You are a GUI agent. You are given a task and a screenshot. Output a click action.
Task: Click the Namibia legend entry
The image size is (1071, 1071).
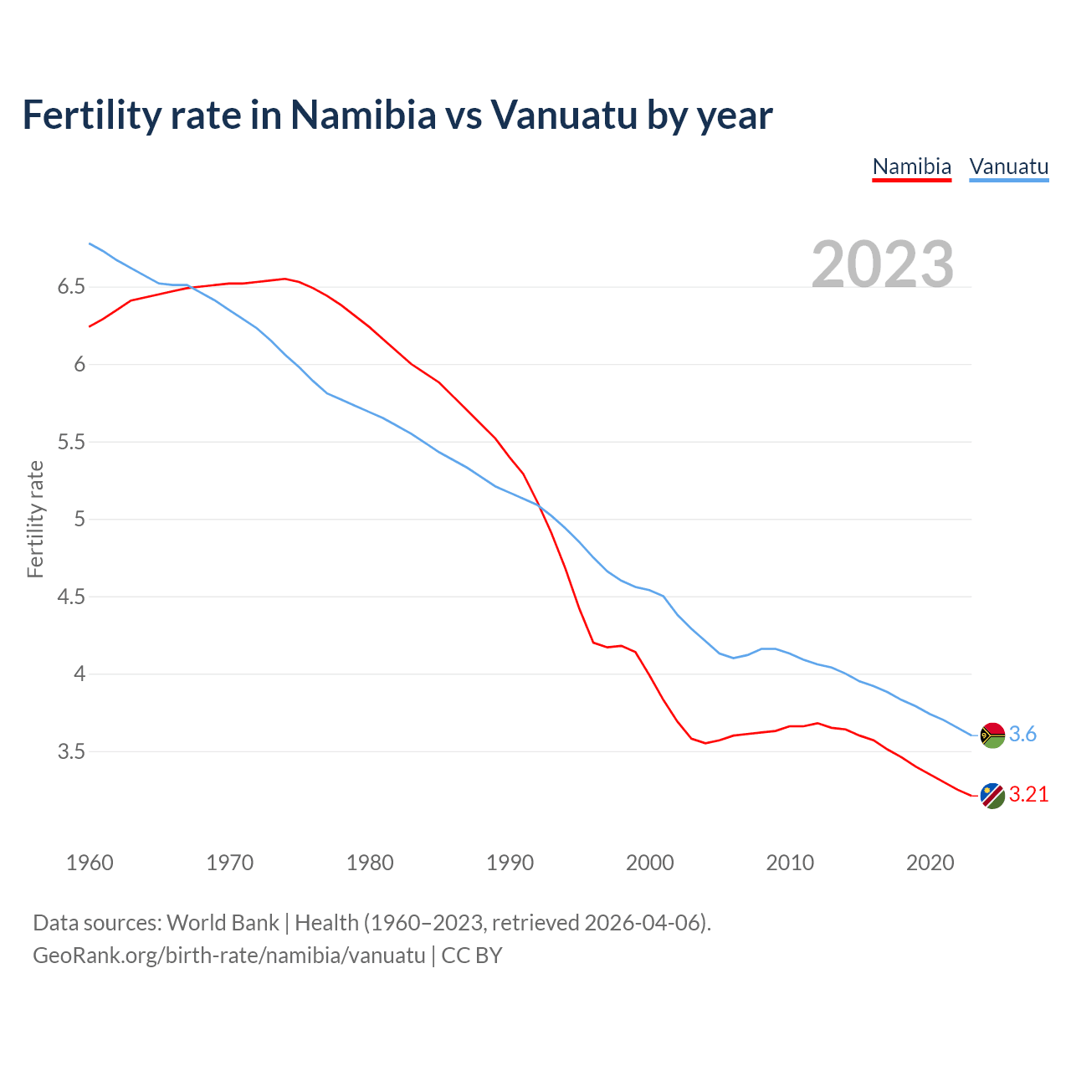click(911, 167)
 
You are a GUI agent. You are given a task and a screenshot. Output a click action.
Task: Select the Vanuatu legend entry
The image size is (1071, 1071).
click(1008, 167)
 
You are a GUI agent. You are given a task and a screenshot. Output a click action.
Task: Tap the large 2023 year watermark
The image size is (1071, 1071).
click(883, 264)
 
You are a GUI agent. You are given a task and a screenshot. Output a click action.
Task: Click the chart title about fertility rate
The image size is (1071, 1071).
click(397, 115)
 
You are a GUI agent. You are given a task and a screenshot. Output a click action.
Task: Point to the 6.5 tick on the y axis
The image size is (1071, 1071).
click(71, 287)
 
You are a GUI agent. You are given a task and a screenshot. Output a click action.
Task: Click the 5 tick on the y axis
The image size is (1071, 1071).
click(79, 520)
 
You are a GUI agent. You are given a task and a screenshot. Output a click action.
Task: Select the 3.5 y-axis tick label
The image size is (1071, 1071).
click(71, 752)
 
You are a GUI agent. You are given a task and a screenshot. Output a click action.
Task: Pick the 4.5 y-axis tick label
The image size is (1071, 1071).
click(71, 597)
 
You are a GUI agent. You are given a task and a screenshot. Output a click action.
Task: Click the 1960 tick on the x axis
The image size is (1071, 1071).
click(90, 863)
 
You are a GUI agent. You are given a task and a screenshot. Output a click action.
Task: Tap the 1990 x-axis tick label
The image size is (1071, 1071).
click(510, 863)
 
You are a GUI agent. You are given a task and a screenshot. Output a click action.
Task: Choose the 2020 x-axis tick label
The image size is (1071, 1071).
click(930, 863)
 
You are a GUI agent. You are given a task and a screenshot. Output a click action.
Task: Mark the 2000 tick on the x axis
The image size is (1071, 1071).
click(649, 863)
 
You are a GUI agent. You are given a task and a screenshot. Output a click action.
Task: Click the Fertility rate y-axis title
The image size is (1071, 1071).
click(35, 519)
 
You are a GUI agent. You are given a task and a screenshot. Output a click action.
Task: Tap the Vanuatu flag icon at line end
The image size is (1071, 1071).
click(992, 735)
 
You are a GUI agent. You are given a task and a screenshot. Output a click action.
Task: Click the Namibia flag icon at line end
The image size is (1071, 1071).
click(992, 795)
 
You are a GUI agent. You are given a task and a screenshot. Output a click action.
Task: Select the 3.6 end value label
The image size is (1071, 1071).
click(1022, 735)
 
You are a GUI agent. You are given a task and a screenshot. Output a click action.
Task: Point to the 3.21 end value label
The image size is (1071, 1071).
click(1028, 795)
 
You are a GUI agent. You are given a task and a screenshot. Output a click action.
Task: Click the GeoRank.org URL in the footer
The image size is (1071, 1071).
click(229, 956)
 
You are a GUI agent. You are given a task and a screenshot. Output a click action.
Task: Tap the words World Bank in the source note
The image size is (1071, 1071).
click(223, 923)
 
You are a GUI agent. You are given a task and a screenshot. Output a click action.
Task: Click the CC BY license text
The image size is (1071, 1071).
click(472, 956)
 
